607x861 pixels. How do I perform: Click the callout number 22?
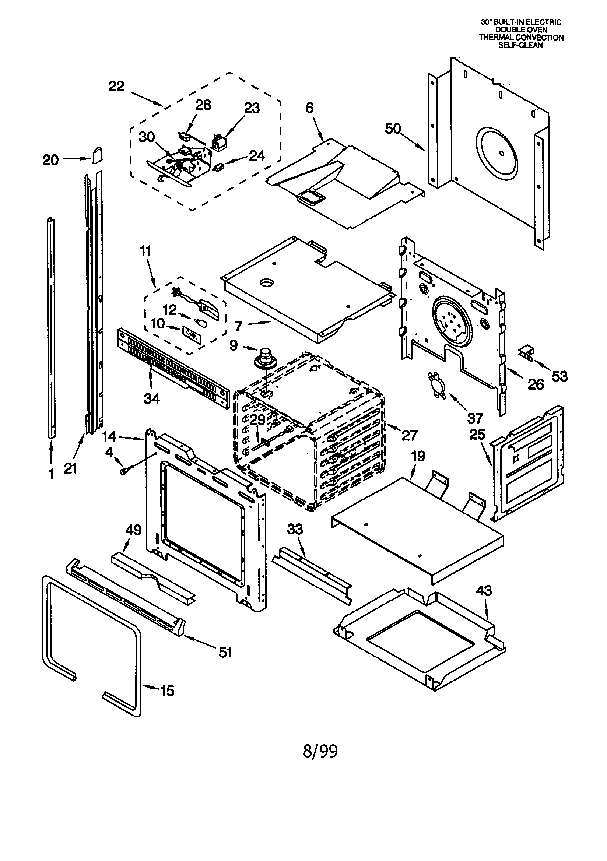[116, 87]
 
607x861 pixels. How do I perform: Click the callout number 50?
[393, 129]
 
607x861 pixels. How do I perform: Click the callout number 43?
[484, 591]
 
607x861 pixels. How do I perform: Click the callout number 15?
[167, 690]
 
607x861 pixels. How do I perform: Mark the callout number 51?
[225, 652]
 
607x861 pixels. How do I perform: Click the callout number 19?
[418, 456]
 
